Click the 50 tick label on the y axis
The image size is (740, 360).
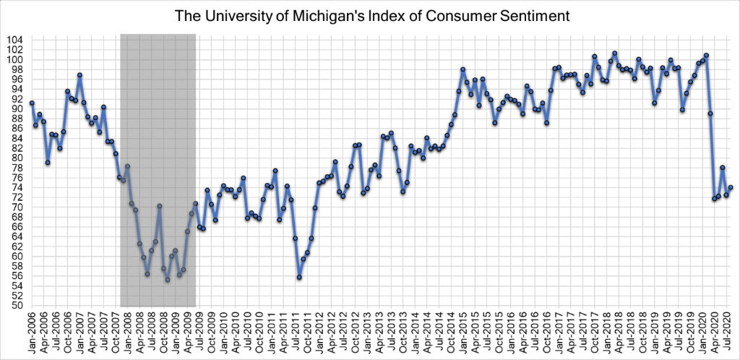coord(19,306)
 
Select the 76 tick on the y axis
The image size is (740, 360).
coord(19,178)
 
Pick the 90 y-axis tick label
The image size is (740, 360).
coord(19,109)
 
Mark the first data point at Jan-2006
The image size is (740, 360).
coord(32,103)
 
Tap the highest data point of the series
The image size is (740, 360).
coord(614,53)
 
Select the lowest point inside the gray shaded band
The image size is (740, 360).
coord(168,280)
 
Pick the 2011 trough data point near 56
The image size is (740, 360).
coord(299,278)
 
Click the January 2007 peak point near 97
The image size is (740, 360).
coord(79,75)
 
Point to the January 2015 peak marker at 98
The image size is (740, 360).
coord(463,69)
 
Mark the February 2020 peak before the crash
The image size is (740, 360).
coord(706,55)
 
